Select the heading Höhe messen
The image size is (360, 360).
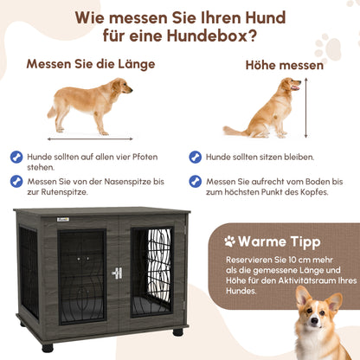(x=285, y=65)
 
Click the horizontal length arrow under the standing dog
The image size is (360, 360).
(x=90, y=138)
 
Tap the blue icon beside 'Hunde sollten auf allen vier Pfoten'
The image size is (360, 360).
(x=16, y=157)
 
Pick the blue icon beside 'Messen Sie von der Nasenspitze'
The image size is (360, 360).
(x=16, y=181)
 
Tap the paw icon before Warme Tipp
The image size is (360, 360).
(x=230, y=241)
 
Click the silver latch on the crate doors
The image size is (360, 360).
(x=117, y=273)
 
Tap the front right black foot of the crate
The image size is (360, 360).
(x=177, y=331)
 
